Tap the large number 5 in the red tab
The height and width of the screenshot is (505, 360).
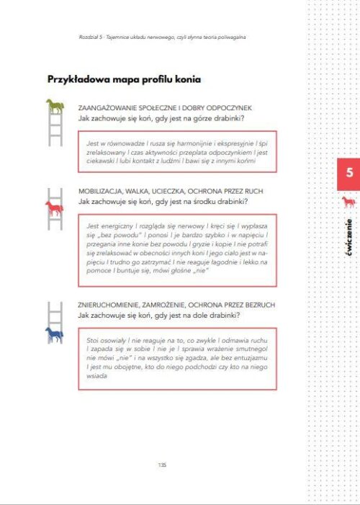click(349, 174)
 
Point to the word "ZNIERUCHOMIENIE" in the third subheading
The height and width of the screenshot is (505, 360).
click(112, 305)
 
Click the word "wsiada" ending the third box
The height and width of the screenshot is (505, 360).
click(97, 374)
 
